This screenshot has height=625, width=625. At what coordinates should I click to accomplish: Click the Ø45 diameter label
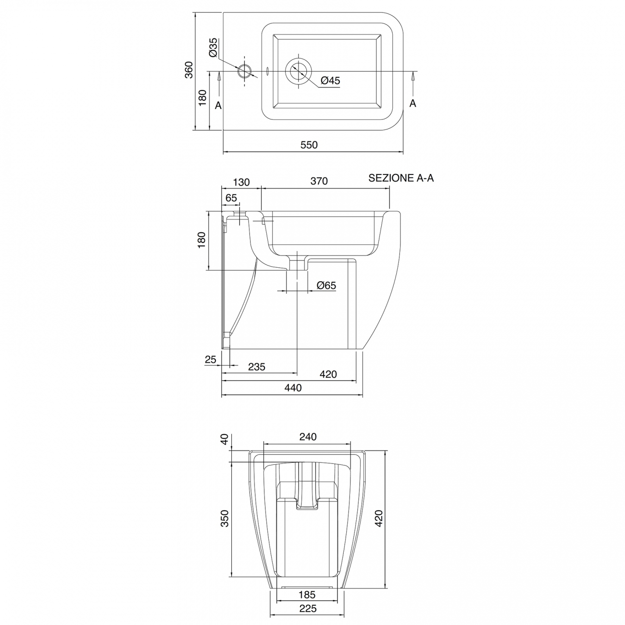point(330,81)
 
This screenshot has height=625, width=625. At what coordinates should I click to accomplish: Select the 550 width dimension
point(309,145)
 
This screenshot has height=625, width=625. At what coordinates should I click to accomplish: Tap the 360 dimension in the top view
point(189,70)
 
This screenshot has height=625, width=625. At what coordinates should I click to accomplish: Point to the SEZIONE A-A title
point(401,178)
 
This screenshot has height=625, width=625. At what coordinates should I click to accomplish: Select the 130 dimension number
point(241,182)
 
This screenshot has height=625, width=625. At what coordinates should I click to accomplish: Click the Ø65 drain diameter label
point(326,286)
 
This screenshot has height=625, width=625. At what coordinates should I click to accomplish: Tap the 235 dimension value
point(257,367)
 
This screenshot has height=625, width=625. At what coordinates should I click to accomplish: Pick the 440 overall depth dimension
point(293,388)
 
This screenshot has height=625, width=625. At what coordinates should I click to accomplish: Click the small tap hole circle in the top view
point(245,71)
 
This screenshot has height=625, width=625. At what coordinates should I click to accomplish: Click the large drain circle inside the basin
point(298,72)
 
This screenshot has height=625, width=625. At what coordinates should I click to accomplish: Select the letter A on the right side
point(412,103)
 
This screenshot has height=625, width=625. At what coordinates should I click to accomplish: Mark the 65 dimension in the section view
point(231,198)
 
